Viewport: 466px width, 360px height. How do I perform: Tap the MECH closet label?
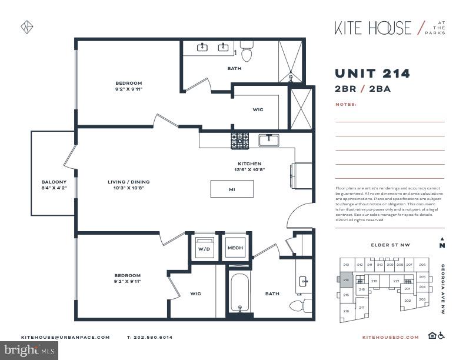235,248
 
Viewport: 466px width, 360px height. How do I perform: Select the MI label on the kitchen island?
232,189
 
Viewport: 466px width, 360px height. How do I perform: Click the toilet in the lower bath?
298,305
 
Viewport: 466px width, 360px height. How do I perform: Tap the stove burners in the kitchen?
239,141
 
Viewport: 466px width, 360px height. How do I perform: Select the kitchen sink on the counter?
269,140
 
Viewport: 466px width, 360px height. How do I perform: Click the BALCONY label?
54,182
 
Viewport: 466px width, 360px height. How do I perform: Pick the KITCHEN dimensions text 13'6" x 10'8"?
249,169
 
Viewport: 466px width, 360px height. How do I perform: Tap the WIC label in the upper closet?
258,109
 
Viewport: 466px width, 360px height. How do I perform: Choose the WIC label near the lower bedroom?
195,293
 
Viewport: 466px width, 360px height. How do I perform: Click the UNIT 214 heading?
372,74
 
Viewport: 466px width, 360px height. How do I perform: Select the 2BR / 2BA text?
363,89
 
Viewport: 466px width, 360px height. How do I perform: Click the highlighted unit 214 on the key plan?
345,281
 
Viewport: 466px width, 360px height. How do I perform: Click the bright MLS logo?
29,351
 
